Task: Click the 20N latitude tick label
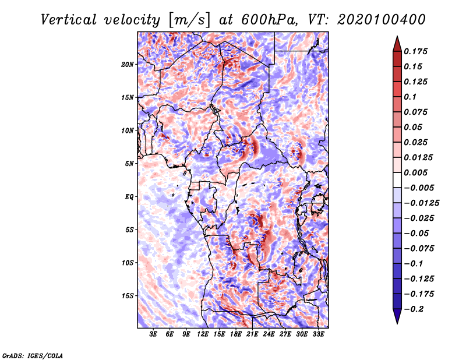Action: click(128, 65)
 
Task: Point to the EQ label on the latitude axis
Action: click(129, 197)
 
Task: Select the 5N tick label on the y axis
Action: click(129, 164)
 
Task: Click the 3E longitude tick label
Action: click(153, 334)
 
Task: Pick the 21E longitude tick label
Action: click(252, 334)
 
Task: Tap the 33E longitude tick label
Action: click(318, 334)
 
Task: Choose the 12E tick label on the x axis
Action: click(203, 334)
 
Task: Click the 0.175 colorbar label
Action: click(415, 52)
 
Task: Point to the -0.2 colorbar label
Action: click(414, 309)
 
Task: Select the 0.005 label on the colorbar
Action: click(415, 172)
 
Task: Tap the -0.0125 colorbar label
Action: click(421, 203)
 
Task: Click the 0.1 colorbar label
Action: click(410, 97)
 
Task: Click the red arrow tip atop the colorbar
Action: click(397, 37)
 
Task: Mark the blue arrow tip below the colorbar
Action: click(397, 323)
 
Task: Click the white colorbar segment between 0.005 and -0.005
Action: click(397, 180)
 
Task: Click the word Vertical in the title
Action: click(69, 20)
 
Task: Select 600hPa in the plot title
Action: click(269, 20)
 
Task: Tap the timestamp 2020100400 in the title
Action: click(382, 20)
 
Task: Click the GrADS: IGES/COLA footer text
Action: click(33, 355)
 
